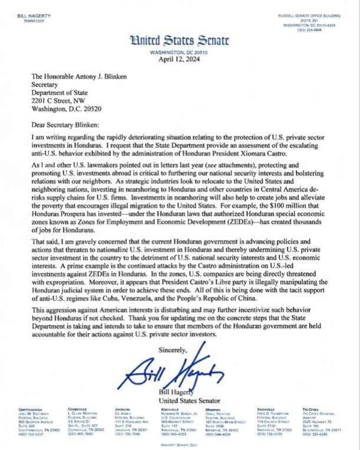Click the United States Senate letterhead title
tap(180, 41)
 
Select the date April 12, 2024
tap(180, 59)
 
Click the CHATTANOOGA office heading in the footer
tap(37, 409)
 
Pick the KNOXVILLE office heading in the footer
tap(171, 409)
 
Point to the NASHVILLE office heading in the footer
tap(269, 409)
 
